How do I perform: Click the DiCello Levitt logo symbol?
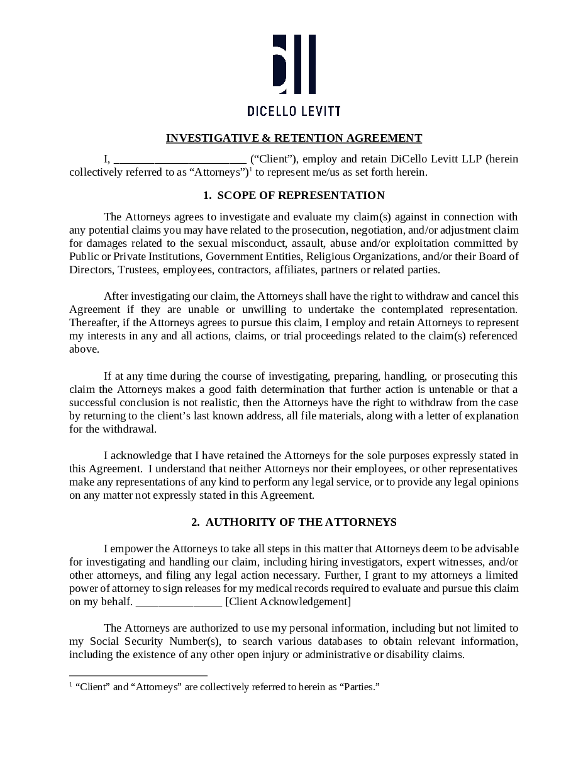[294, 64]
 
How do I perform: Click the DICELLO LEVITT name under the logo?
[294, 111]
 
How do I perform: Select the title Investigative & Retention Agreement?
[294, 138]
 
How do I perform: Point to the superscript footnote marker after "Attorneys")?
[250, 169]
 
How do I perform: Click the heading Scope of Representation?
[294, 195]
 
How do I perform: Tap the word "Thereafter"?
[93, 322]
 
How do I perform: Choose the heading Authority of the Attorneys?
[294, 522]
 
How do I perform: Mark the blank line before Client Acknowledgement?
[179, 602]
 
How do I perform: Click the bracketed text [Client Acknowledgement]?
[288, 601]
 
